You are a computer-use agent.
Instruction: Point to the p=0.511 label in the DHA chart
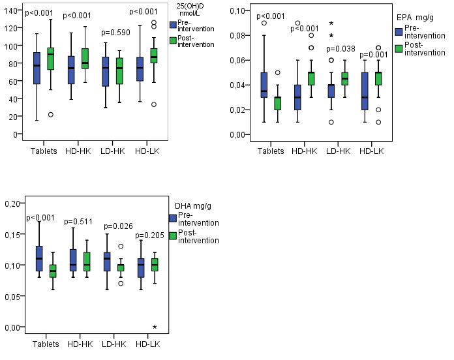pos(78,222)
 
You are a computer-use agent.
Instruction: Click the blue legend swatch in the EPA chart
pos(399,31)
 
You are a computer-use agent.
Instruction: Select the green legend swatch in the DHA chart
pos(173,236)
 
